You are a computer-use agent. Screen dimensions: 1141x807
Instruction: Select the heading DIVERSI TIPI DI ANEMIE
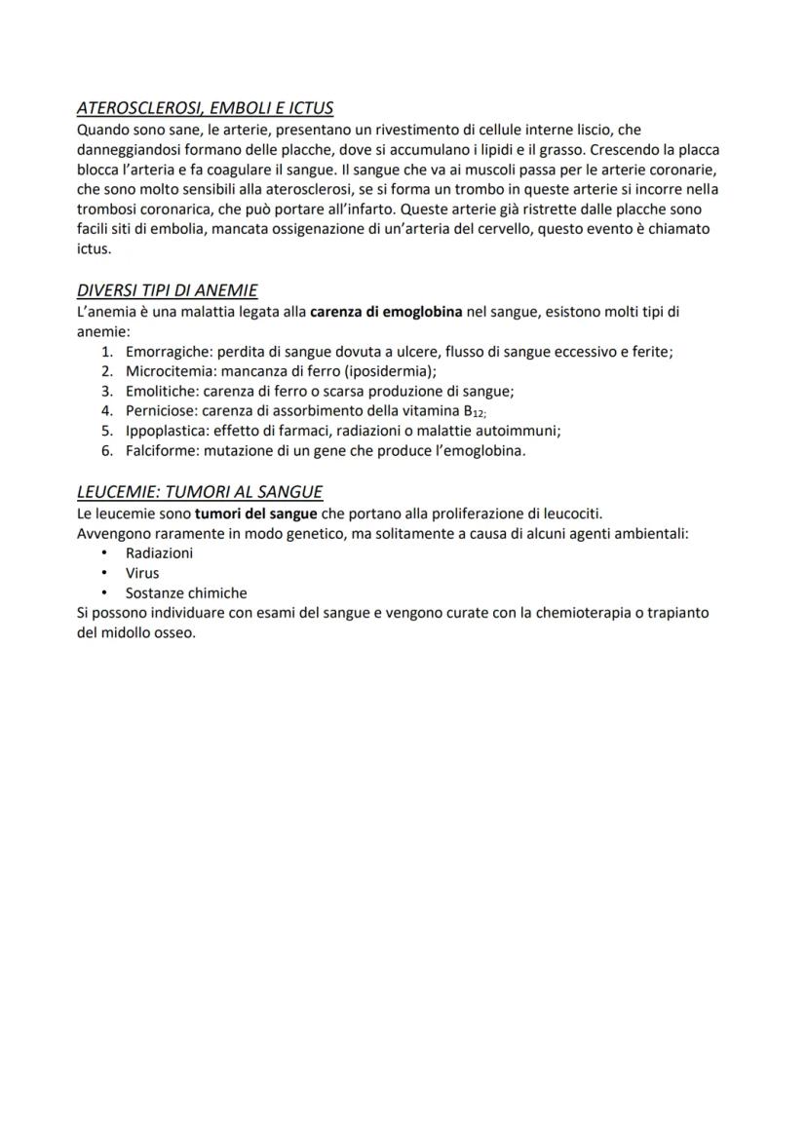pyautogui.click(x=167, y=290)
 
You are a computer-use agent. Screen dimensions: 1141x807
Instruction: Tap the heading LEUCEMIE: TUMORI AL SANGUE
pyautogui.click(x=200, y=492)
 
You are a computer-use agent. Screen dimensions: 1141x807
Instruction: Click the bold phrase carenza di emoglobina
pyautogui.click(x=386, y=312)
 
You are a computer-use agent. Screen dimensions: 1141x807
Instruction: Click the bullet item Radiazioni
pyautogui.click(x=159, y=552)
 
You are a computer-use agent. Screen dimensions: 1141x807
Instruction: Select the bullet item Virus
pyautogui.click(x=142, y=573)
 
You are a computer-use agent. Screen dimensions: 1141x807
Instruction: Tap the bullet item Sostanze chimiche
pyautogui.click(x=186, y=592)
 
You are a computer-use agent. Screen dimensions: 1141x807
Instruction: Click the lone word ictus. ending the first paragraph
pyautogui.click(x=94, y=249)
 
